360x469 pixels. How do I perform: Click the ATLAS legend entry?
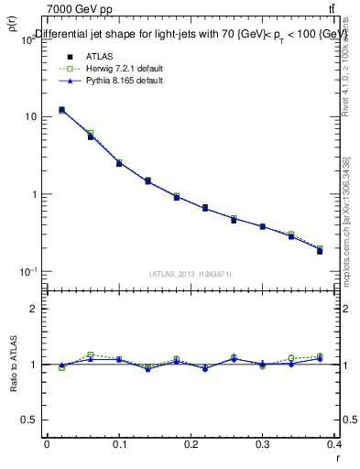(x=88, y=56)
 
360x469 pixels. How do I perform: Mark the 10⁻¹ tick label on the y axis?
(x=29, y=272)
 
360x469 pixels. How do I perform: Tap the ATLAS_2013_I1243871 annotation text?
(x=191, y=274)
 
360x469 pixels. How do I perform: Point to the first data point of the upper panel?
(x=61, y=110)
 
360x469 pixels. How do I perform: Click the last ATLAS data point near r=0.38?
(x=320, y=251)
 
